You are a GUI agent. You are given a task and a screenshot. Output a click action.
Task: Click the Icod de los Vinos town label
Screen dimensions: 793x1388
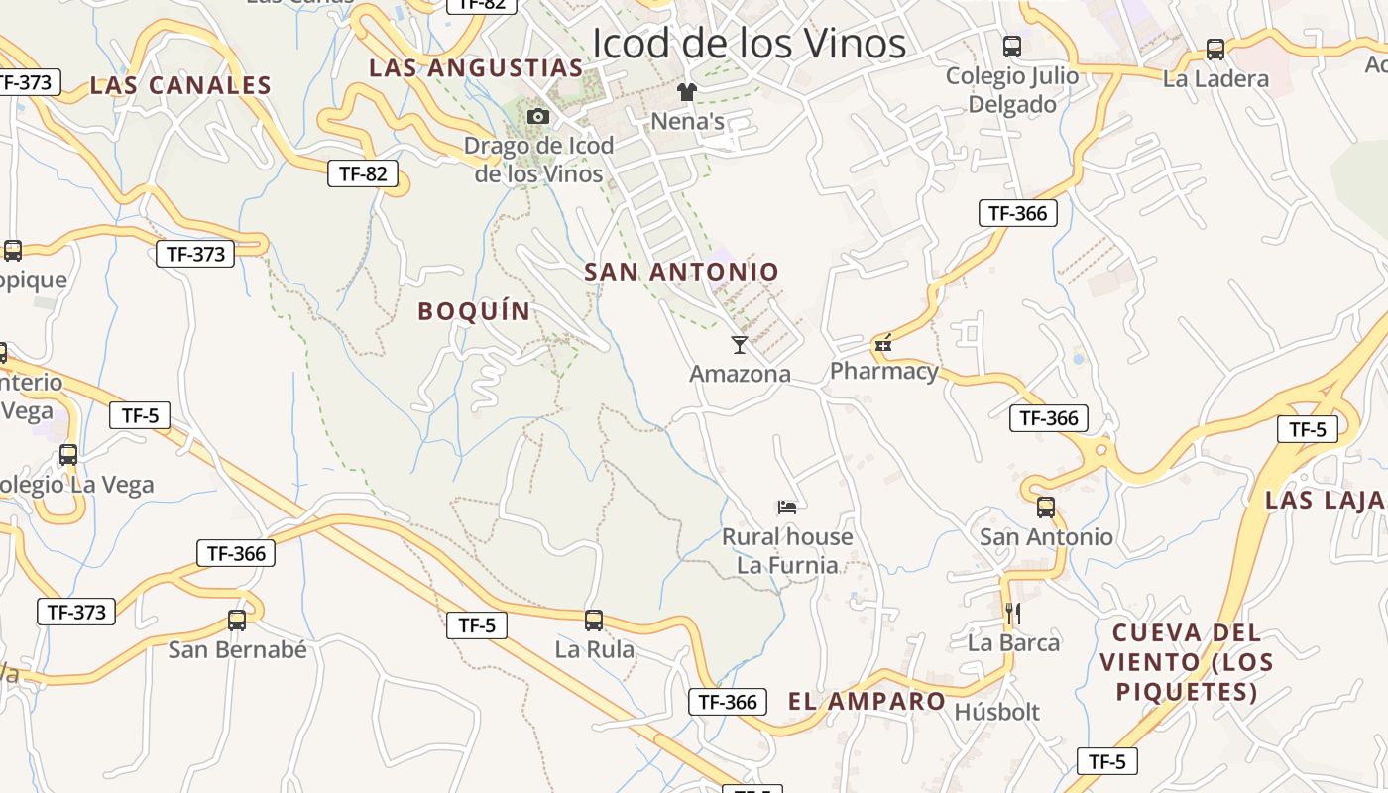coord(749,44)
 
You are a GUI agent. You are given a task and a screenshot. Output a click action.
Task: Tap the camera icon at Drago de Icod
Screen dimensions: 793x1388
coord(538,117)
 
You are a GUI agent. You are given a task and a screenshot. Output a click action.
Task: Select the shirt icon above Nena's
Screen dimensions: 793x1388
coord(687,92)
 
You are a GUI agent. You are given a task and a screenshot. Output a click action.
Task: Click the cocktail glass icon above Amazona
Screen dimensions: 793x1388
coord(740,345)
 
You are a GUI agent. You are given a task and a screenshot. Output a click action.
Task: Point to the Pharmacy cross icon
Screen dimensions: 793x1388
coord(883,344)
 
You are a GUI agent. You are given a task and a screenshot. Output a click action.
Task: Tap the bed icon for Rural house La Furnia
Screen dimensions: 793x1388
coord(787,508)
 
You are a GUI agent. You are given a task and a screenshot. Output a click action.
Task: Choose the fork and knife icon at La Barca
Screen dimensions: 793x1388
coord(1012,614)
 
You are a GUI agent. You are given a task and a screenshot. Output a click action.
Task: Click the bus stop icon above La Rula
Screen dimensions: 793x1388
coord(594,621)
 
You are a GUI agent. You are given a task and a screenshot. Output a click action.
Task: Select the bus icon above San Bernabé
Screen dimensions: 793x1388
coord(237,621)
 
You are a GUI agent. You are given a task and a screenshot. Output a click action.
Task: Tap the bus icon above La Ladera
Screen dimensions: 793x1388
coord(1215,50)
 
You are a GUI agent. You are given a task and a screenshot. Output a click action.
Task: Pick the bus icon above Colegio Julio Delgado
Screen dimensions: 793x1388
coord(1012,46)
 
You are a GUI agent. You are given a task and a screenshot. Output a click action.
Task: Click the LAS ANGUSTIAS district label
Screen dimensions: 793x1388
coord(476,68)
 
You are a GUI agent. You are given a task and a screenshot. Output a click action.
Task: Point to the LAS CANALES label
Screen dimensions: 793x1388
coord(180,86)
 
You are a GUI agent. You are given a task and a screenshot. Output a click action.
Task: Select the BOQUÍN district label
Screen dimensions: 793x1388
coord(474,311)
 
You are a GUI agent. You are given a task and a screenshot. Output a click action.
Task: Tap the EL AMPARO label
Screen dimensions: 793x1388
coord(867,702)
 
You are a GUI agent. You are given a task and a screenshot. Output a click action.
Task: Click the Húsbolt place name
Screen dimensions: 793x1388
coord(996,712)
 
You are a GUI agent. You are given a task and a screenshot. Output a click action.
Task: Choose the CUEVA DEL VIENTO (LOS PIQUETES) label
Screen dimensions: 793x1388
coord(1186,661)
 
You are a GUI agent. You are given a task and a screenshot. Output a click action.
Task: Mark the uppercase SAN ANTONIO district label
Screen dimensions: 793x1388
coord(681,272)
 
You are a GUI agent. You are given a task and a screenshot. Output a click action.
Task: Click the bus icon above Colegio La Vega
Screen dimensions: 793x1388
coord(68,455)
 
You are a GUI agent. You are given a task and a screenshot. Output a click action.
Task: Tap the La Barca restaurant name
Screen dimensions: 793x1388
coord(1013,642)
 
